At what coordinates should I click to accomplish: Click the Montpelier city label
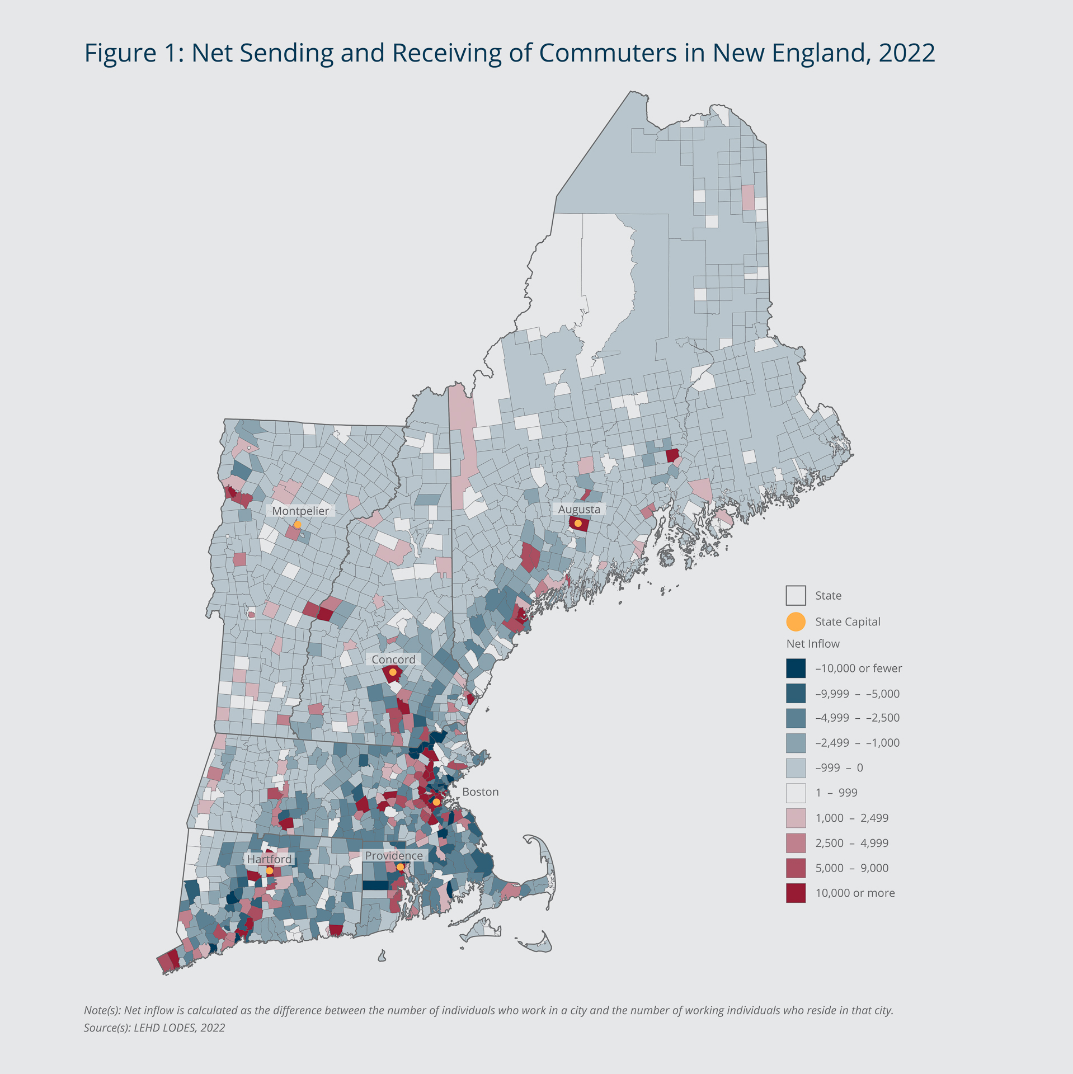tap(300, 511)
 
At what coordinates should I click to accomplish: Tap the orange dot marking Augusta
tap(578, 524)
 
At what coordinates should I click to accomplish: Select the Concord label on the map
tap(393, 660)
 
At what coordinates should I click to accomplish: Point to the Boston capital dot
tap(436, 802)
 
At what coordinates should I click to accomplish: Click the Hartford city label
tap(269, 859)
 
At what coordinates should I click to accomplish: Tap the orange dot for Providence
tap(400, 867)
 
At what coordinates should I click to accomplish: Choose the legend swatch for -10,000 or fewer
tap(796, 668)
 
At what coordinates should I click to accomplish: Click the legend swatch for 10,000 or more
tap(796, 893)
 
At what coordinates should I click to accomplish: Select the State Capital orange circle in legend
tap(796, 621)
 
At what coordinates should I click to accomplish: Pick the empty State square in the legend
tap(796, 596)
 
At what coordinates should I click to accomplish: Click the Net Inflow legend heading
tap(812, 644)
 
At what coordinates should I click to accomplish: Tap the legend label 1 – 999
tap(836, 793)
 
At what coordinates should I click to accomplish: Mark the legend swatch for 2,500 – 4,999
tap(796, 843)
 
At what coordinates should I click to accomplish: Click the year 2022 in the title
tap(906, 53)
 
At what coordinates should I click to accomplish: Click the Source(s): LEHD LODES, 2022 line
tap(154, 1028)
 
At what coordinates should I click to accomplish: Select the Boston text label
tap(480, 792)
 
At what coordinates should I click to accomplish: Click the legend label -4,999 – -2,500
tap(857, 718)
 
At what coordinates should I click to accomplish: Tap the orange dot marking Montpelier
tap(298, 524)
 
